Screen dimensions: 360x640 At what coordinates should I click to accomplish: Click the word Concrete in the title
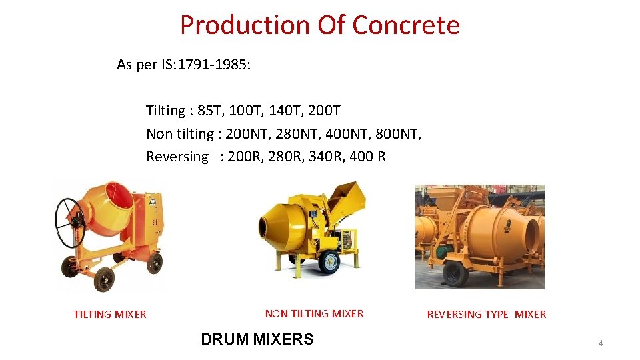coord(405,25)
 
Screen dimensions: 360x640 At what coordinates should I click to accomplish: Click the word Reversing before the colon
coord(177,157)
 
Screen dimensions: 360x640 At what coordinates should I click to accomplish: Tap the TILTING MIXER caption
coord(110,315)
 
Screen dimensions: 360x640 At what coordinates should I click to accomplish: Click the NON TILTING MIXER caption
coord(314,314)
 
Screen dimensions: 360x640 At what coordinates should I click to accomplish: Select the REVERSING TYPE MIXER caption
coord(486,315)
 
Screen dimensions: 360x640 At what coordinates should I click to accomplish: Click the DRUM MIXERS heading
coord(257,339)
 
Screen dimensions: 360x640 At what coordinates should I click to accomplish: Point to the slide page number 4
coord(601,343)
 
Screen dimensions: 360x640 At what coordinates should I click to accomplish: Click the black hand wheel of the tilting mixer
coord(71,223)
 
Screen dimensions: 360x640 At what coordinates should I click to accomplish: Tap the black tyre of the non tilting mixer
coord(329,261)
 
